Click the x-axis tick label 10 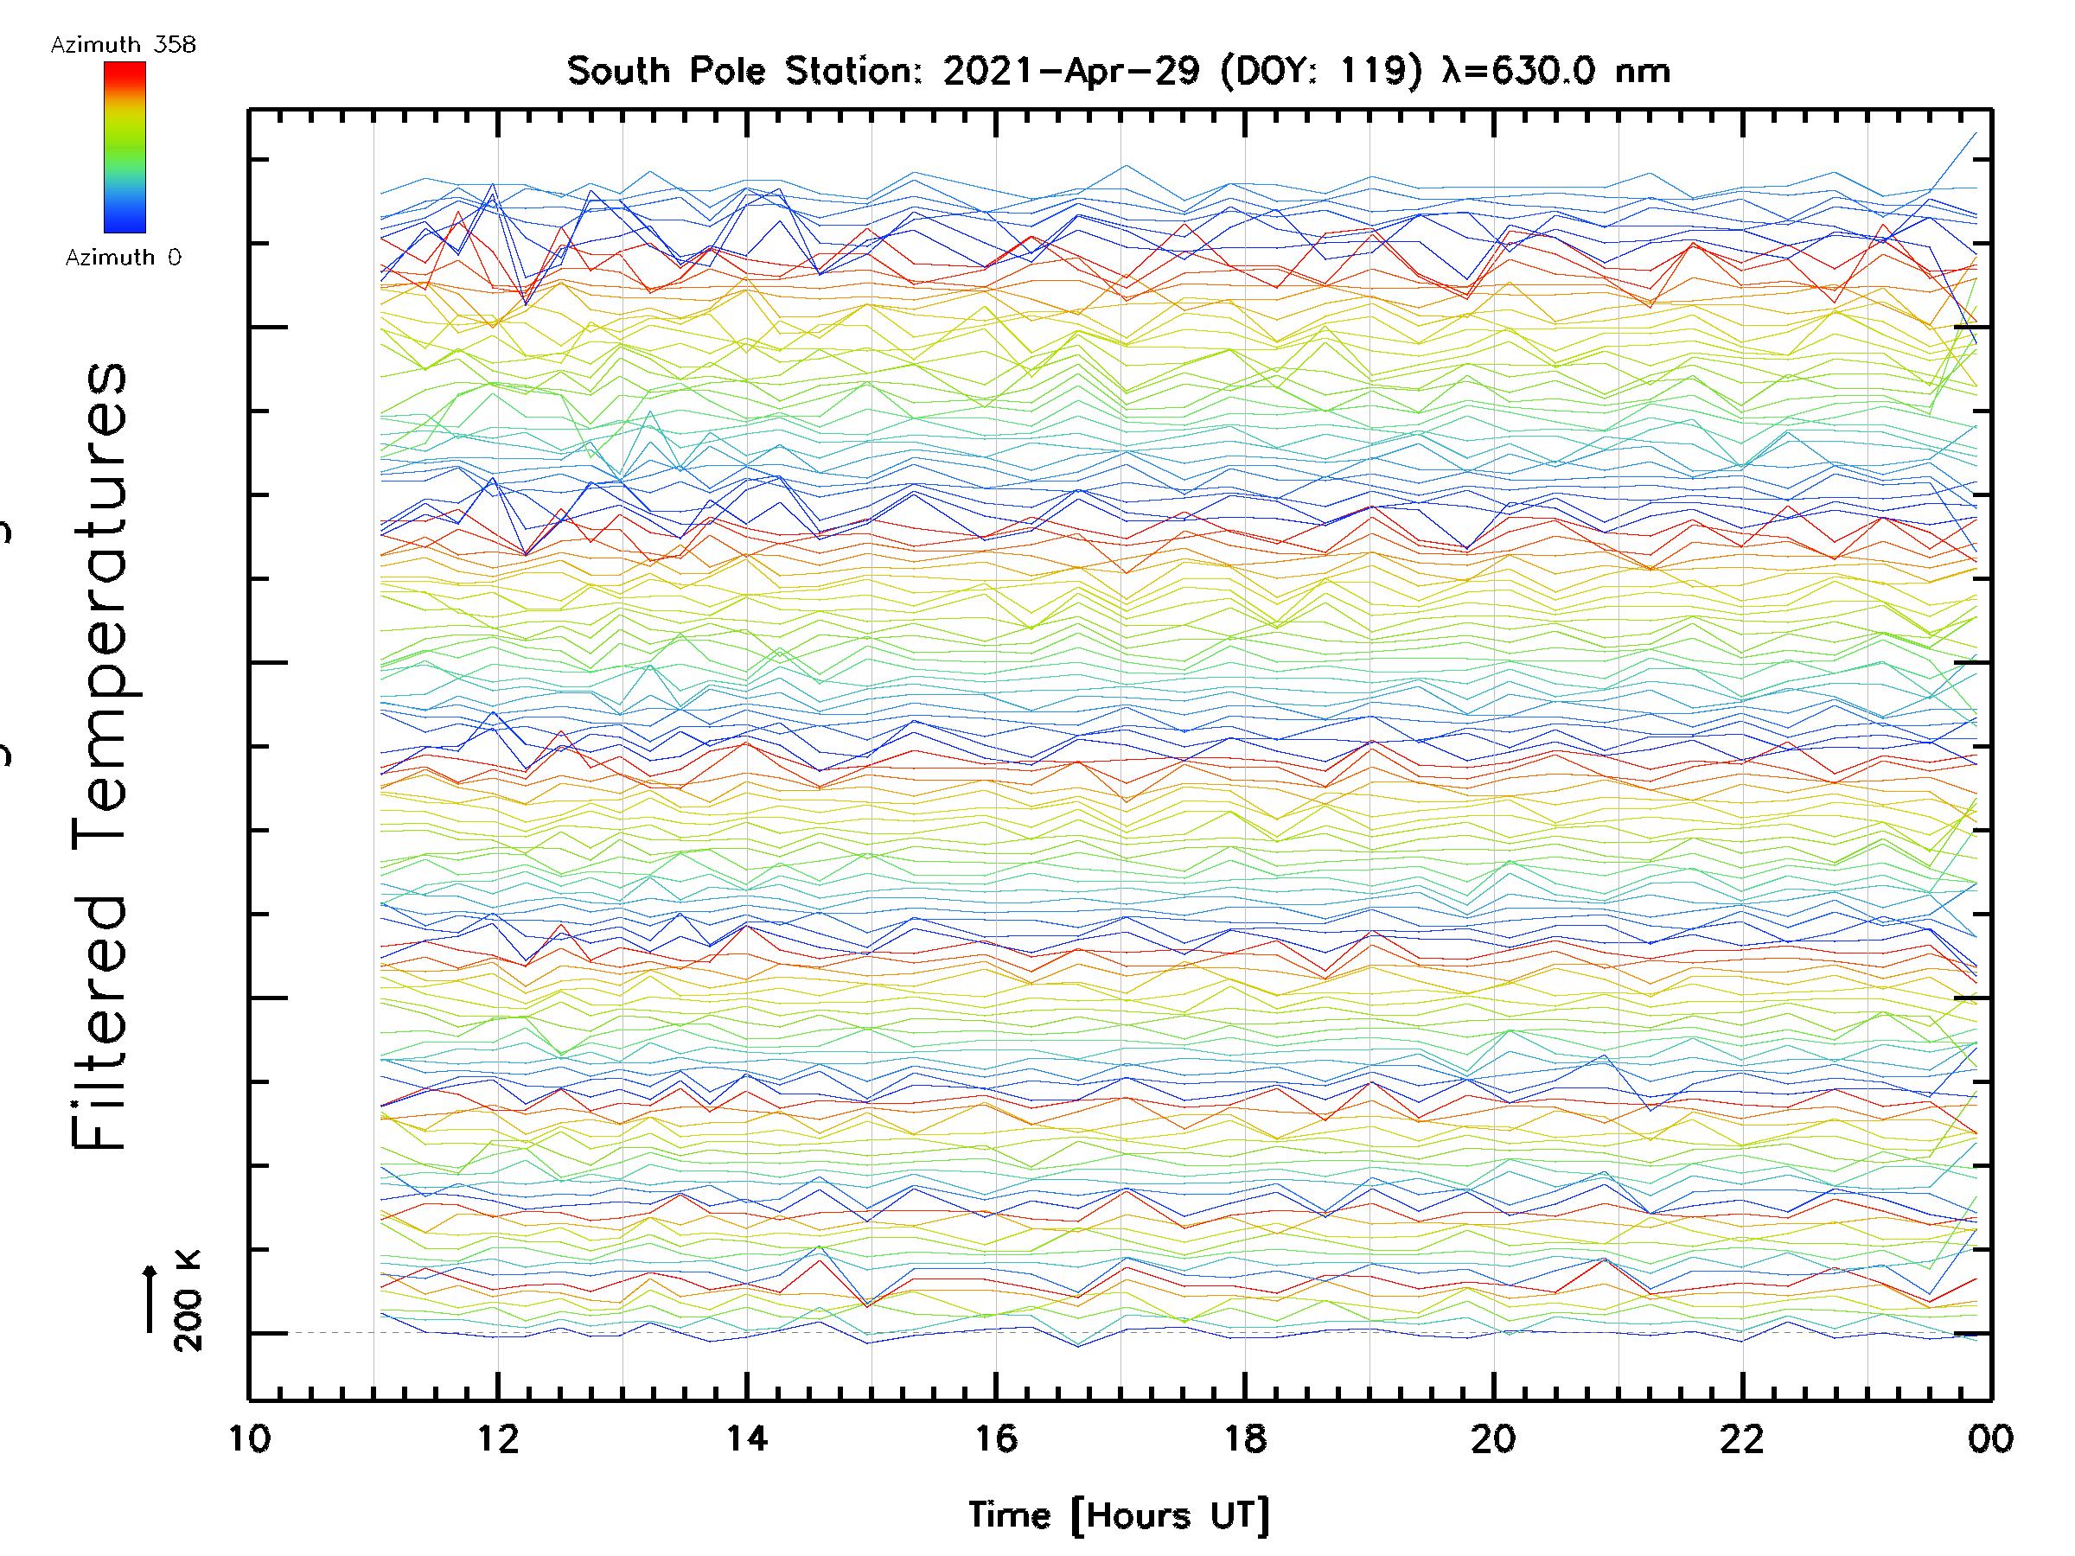coord(250,1438)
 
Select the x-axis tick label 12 coord(498,1438)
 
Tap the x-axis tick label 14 coord(747,1438)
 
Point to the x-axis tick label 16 coord(996,1438)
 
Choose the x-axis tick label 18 coord(1245,1438)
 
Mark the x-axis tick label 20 coord(1493,1438)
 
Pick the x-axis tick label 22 coord(1742,1438)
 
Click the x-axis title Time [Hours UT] coord(1119,1515)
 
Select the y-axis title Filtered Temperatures coord(99,755)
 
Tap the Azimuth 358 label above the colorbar coord(123,45)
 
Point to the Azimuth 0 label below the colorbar coord(123,257)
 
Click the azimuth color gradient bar coord(124,147)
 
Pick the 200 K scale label coord(188,1300)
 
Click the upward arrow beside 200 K coord(150,1298)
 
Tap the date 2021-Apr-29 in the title coord(1071,71)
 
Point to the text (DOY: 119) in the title coord(1322,71)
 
